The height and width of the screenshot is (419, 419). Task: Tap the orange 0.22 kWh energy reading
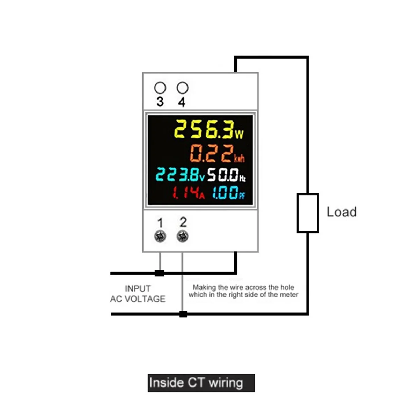pos(217,154)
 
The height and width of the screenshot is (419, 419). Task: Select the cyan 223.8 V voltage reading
pos(180,175)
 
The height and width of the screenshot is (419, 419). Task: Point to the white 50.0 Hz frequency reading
pos(227,175)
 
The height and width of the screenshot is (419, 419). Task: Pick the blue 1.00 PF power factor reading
pos(229,193)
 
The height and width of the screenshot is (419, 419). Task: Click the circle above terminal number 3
pos(160,88)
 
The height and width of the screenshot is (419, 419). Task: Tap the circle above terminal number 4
pos(182,88)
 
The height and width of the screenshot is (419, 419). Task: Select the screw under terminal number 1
pos(160,236)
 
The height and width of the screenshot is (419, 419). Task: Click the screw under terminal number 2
pos(182,236)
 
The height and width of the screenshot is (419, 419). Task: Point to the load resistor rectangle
pos(308,213)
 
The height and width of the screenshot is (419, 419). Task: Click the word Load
pos(341,212)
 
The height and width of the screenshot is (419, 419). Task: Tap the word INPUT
pos(138,289)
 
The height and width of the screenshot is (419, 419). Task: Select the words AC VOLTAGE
pos(138,299)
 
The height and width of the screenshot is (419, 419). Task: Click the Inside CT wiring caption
pos(201,383)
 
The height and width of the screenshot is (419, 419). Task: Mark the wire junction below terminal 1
pos(160,273)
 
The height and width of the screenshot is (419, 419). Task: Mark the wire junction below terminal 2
pos(183,314)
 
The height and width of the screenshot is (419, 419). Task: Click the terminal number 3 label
pos(160,102)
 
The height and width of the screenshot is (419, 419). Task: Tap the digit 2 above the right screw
pos(183,222)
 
